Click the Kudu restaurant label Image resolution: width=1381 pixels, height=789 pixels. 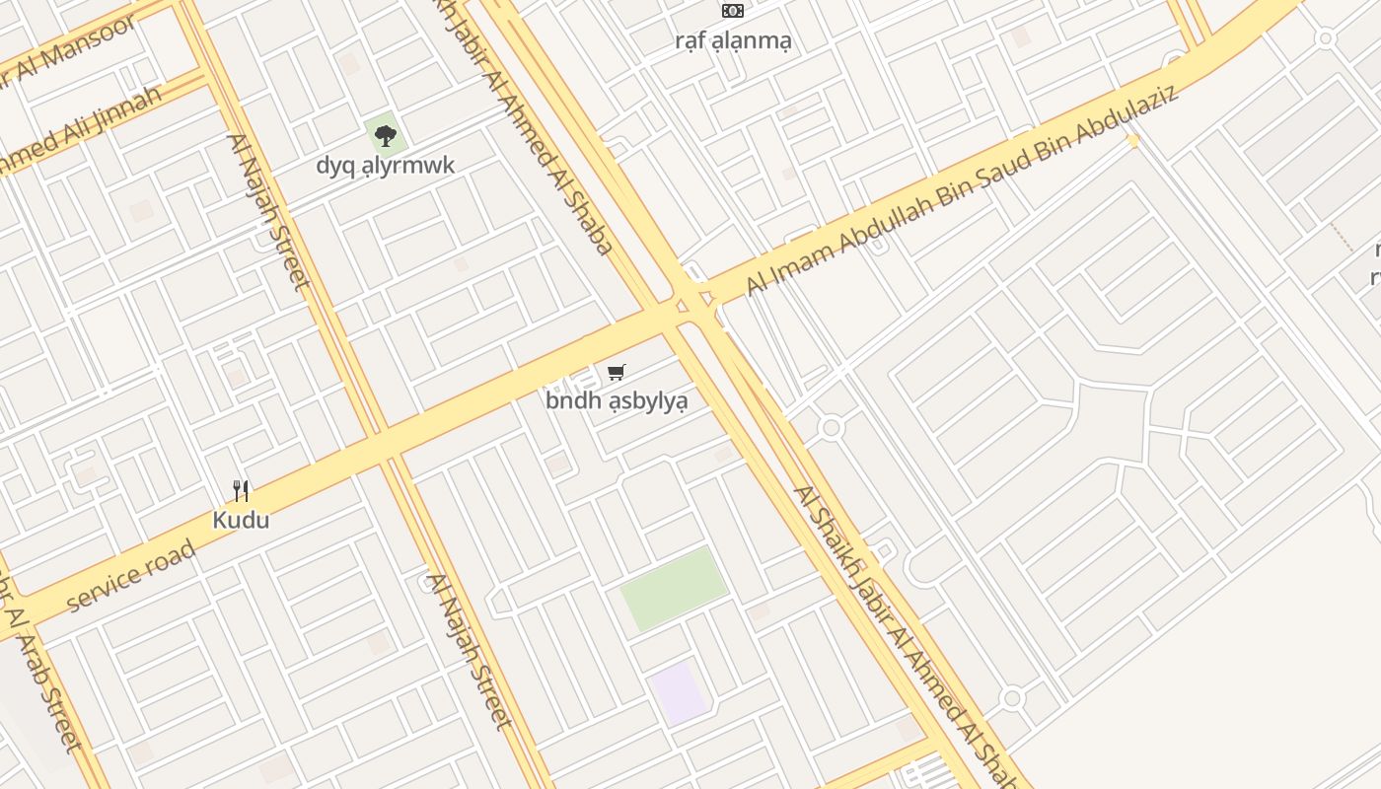(241, 520)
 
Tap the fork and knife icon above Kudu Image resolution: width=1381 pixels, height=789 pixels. (241, 490)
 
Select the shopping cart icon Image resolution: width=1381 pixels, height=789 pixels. (617, 372)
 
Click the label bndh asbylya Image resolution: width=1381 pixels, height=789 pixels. (617, 400)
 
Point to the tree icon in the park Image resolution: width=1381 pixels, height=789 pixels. (385, 135)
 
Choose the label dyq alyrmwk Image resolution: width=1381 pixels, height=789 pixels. (385, 165)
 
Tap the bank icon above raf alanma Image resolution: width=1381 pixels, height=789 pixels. (732, 11)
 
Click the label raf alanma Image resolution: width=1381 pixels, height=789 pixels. (733, 40)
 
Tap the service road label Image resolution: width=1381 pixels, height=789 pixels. (131, 578)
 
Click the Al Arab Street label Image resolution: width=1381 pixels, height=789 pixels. (44, 681)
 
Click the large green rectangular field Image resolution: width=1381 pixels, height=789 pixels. (674, 589)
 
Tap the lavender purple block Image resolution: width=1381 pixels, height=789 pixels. (678, 692)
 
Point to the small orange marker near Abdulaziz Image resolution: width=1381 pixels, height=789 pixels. (1132, 141)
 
